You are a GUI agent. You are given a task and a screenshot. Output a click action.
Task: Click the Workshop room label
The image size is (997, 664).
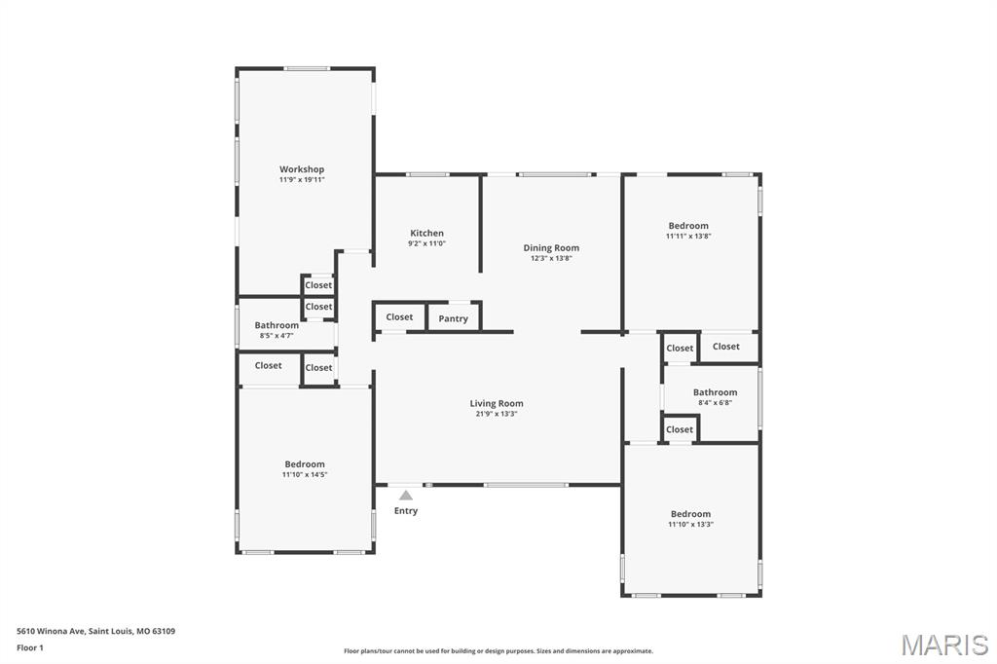(302, 169)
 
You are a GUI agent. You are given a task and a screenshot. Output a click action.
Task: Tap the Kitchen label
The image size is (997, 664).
(426, 233)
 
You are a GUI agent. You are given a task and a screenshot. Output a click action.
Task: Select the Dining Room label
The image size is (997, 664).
(551, 248)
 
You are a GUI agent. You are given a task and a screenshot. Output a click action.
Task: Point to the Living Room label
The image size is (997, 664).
(497, 403)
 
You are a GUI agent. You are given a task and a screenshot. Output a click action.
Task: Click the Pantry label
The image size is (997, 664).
(453, 318)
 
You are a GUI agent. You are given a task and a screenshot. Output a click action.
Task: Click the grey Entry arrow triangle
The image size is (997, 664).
(406, 496)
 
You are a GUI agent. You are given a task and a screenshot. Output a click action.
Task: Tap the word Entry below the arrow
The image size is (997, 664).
(406, 511)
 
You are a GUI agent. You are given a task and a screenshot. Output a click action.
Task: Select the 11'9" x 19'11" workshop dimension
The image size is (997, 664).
(302, 180)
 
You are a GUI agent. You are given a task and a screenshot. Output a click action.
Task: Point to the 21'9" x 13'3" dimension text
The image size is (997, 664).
(497, 414)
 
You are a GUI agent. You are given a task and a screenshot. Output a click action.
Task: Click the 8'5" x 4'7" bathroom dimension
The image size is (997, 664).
(277, 336)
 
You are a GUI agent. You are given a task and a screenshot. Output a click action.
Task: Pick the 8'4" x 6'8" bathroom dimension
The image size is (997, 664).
(715, 403)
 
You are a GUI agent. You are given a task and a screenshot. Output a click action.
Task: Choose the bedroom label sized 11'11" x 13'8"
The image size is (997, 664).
(688, 226)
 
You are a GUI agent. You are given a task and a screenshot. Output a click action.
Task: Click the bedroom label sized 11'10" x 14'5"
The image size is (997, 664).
(305, 464)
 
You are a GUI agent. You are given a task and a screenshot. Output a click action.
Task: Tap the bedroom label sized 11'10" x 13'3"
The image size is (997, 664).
(690, 514)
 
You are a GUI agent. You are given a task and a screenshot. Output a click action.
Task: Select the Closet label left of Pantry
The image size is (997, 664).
(399, 316)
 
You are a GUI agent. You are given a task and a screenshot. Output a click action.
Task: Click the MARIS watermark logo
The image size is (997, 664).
(944, 644)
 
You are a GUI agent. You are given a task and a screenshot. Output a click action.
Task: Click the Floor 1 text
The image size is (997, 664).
(30, 647)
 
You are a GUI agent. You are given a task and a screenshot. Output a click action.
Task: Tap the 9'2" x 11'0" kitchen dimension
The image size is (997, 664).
(426, 243)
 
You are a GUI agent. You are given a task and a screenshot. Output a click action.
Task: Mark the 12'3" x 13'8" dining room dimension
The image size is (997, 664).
(551, 259)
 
